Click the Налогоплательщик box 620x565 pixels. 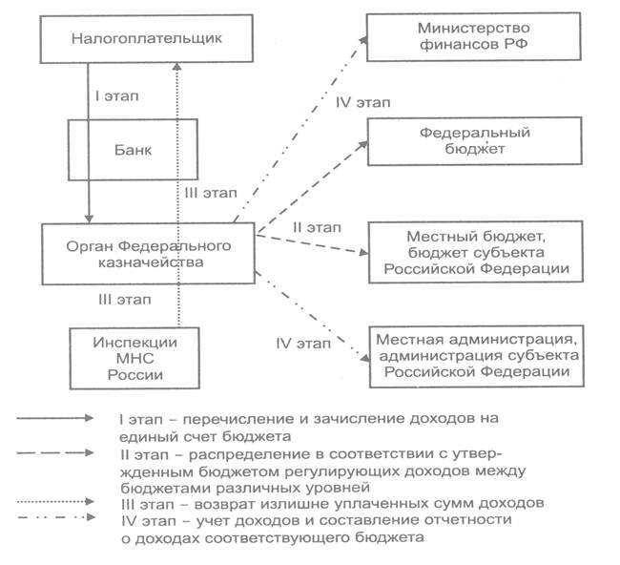click(133, 38)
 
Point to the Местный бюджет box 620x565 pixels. click(475, 253)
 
